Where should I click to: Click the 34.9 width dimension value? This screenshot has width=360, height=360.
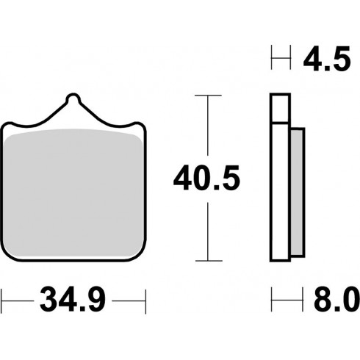73,300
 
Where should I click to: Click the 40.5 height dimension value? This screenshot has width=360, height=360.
206,179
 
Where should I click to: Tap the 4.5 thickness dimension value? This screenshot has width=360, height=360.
327,59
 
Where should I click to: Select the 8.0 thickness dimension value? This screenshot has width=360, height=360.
337,300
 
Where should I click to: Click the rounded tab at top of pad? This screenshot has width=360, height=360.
73,98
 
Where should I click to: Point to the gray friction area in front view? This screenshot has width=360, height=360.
73,192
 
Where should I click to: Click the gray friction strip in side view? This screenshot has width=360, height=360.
298,192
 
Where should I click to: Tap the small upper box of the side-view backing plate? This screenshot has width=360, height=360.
281,108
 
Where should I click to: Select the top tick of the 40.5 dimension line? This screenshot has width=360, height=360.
208,96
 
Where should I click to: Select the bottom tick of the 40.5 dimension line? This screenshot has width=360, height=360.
209,261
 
